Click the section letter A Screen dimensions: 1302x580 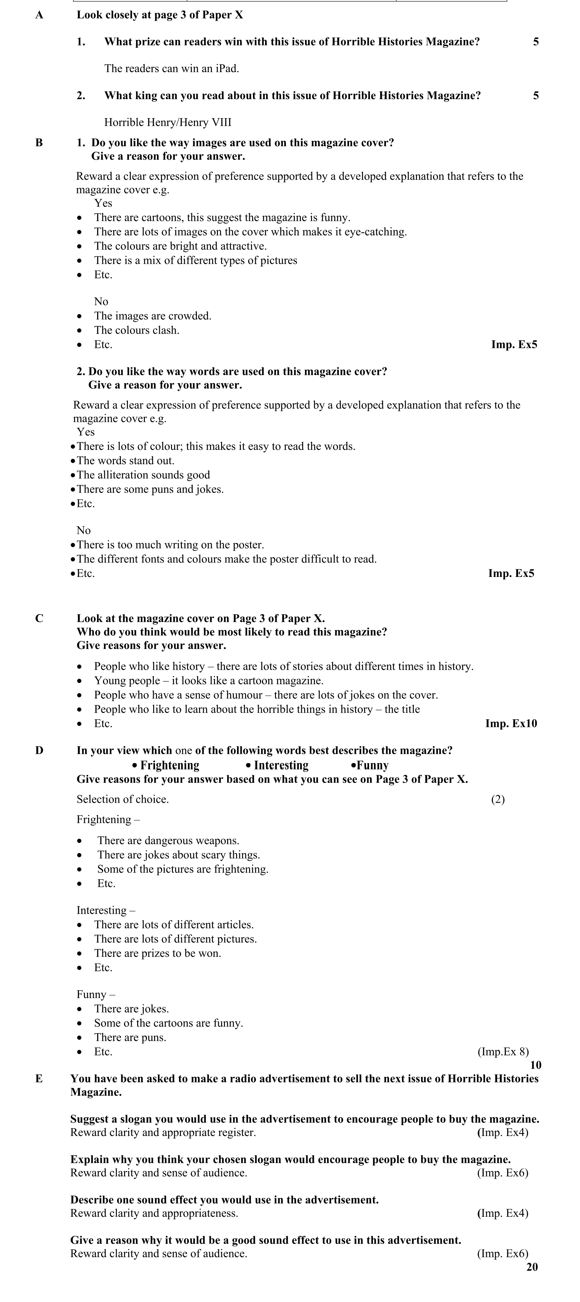[40, 15]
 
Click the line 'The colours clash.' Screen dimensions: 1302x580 [137, 330]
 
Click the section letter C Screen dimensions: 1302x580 [40, 619]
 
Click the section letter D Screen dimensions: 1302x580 [40, 751]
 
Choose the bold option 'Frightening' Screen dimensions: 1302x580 [170, 765]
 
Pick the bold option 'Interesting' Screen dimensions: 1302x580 [281, 765]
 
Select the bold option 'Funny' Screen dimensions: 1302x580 [372, 765]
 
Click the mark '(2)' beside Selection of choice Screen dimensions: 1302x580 [498, 799]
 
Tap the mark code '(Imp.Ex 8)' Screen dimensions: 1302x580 [503, 1052]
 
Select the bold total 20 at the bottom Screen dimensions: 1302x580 [532, 1267]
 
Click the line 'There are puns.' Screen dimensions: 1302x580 [130, 1038]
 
